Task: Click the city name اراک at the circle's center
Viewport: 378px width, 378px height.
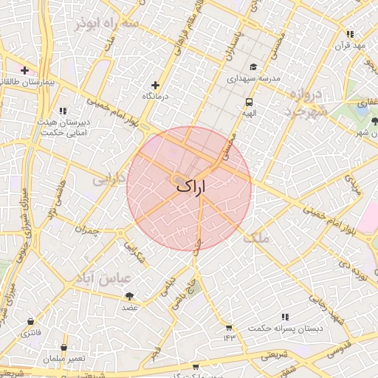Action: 190,188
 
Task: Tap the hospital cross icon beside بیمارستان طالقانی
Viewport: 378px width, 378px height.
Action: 25,71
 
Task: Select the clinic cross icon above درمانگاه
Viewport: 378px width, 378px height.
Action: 155,86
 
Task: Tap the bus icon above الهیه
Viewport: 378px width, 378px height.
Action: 249,103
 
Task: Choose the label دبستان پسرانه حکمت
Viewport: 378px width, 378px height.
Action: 281,329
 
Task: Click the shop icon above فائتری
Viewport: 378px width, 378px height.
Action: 30,322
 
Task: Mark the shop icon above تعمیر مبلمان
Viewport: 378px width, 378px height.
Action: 64,347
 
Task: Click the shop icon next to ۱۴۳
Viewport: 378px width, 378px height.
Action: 229,328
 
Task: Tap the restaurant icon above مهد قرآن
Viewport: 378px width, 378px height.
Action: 350,34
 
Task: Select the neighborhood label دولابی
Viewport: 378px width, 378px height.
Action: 109,179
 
